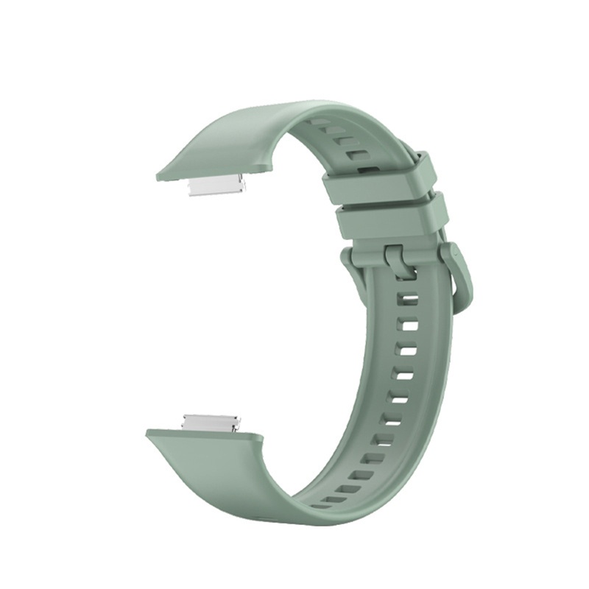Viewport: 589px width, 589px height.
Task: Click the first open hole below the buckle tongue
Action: (409, 300)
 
